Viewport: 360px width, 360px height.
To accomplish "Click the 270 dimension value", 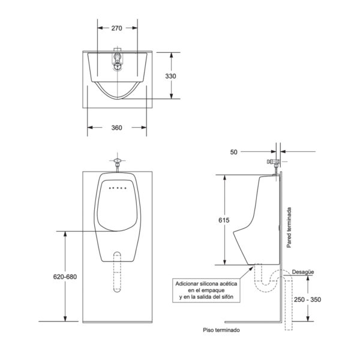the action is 116,28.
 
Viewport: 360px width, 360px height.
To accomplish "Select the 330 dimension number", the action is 170,76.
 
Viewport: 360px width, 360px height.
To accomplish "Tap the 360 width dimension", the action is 116,128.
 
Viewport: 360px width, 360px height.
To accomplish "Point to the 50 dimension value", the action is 234,152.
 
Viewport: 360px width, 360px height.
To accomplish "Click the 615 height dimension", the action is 224,220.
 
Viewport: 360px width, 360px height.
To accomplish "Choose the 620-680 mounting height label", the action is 65,277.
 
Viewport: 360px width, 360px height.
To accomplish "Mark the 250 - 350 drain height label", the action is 307,299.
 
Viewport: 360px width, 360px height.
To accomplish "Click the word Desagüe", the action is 303,272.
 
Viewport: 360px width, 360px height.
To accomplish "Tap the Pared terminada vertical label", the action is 289,227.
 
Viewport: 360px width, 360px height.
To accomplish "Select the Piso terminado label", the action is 221,330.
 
